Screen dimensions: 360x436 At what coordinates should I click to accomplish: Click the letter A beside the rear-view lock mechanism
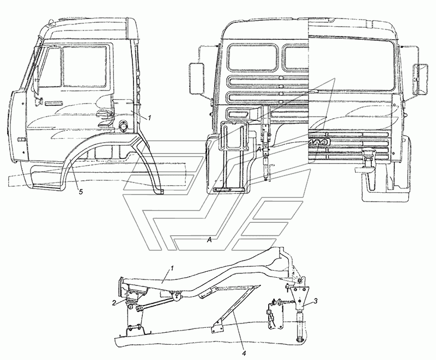pyautogui.click(x=259, y=150)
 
